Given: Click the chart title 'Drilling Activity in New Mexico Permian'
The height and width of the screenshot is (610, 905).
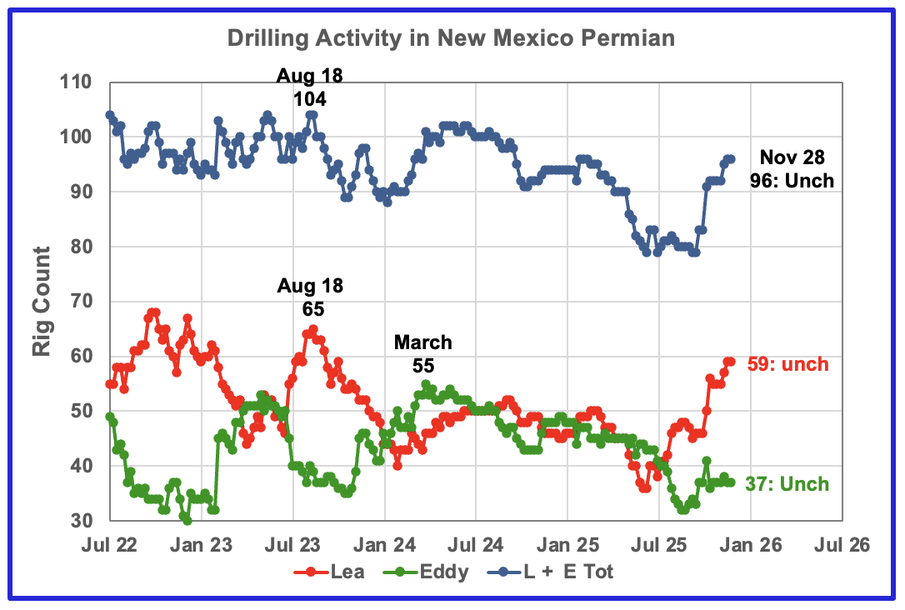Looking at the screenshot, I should pyautogui.click(x=452, y=38).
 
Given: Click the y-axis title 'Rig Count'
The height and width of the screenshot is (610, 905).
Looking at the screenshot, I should pyautogui.click(x=42, y=301).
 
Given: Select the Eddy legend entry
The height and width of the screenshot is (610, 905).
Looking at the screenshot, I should pyautogui.click(x=433, y=572).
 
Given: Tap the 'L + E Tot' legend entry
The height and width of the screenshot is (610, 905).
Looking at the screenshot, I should pyautogui.click(x=562, y=572).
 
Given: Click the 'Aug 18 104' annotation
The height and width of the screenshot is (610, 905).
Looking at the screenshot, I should pyautogui.click(x=310, y=87).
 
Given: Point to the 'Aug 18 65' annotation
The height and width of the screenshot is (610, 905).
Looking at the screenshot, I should pyautogui.click(x=310, y=297).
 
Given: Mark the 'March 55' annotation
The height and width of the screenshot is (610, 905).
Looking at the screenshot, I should pyautogui.click(x=422, y=354).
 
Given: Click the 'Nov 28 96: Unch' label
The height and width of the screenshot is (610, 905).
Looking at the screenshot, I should pyautogui.click(x=796, y=168).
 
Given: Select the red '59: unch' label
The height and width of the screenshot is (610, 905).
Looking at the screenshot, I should pyautogui.click(x=787, y=364).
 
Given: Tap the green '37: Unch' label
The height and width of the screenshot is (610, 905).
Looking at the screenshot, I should pyautogui.click(x=787, y=484).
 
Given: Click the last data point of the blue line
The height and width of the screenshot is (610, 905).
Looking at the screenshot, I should pyautogui.click(x=731, y=158).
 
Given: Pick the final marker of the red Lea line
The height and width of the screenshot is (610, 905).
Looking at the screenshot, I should pyautogui.click(x=731, y=362).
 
